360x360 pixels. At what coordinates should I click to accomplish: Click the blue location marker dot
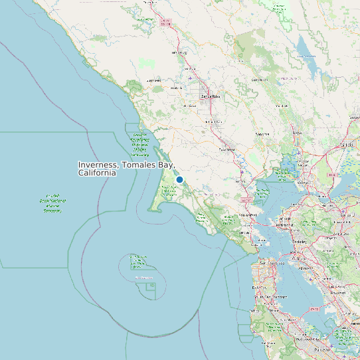[179, 179]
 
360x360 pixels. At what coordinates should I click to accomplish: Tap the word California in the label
[97, 173]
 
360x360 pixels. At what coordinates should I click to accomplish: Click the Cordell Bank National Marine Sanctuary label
[52, 205]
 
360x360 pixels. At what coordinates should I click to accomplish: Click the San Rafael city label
[248, 215]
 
